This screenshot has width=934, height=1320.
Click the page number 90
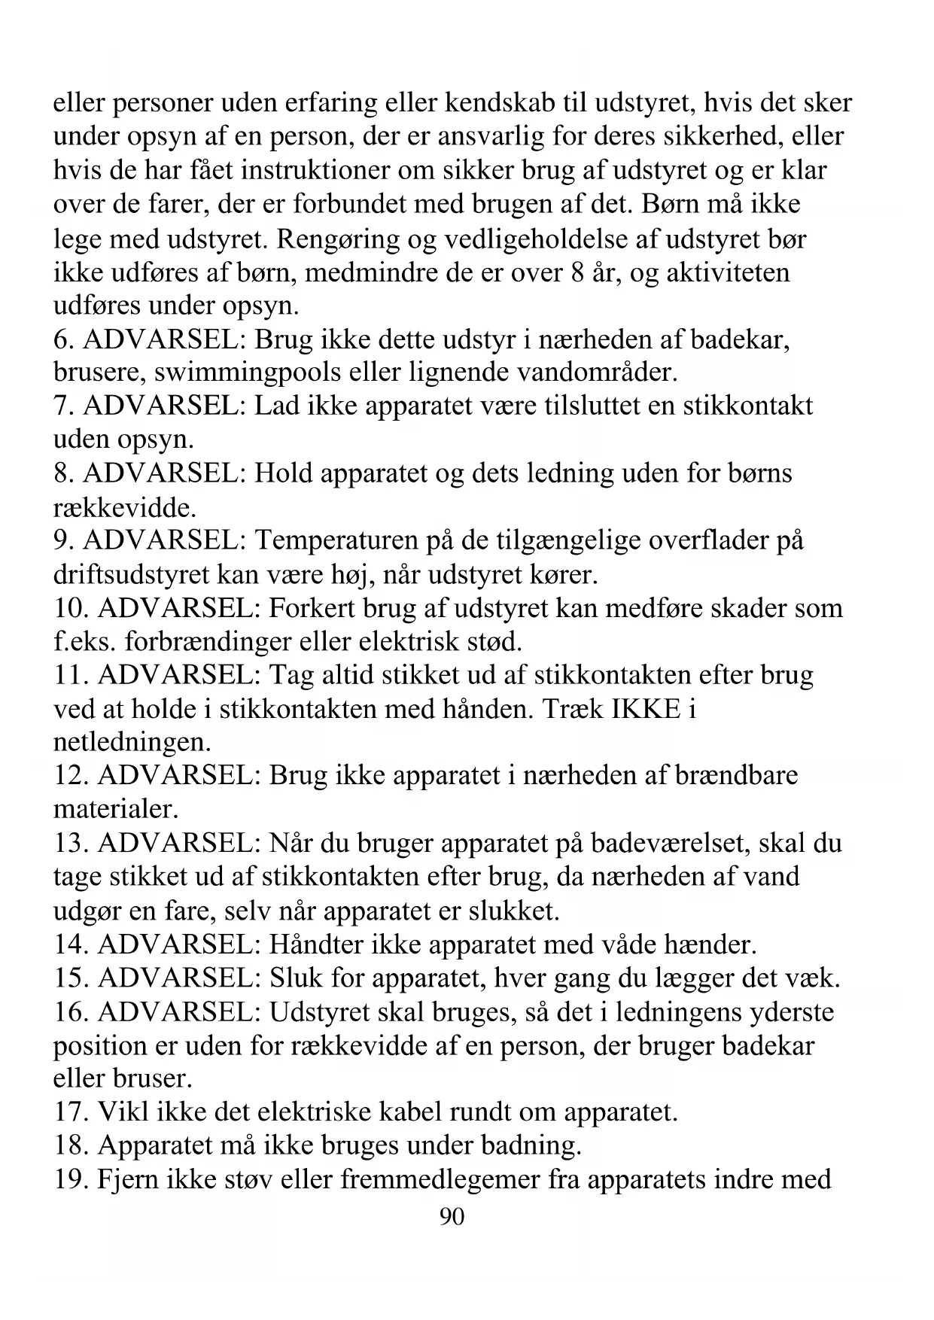(452, 1217)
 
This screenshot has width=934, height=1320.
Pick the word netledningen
(132, 743)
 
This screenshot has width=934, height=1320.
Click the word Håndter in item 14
(315, 944)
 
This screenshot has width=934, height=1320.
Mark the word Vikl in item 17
(123, 1112)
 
